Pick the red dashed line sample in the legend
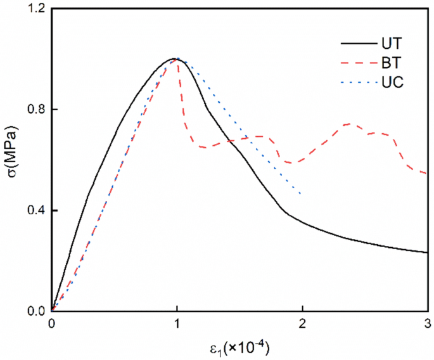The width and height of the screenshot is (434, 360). pyautogui.click(x=355, y=63)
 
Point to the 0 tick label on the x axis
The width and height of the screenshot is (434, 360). pyautogui.click(x=51, y=323)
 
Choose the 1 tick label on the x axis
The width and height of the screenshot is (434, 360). pyautogui.click(x=177, y=323)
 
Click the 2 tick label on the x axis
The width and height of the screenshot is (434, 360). pyautogui.click(x=303, y=323)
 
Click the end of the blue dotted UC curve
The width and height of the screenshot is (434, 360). pyautogui.click(x=300, y=193)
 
